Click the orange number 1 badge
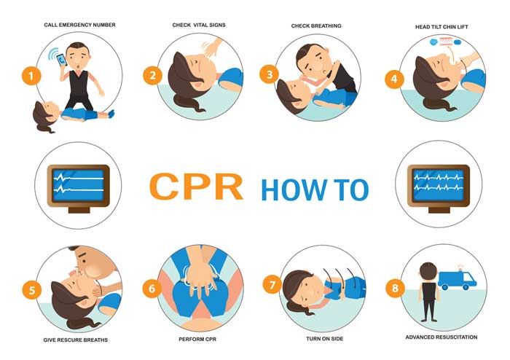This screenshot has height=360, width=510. [x=30, y=76]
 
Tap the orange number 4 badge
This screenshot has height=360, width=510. [x=394, y=79]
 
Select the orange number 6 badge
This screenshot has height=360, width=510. [x=152, y=289]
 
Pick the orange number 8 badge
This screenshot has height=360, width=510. [x=394, y=289]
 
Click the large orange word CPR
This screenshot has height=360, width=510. [x=196, y=188]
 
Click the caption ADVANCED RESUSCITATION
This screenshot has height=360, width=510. [x=442, y=337]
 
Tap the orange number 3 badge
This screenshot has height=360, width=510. [x=270, y=74]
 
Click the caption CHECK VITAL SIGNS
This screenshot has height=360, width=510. [x=199, y=25]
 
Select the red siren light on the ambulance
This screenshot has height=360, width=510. [x=460, y=267]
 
